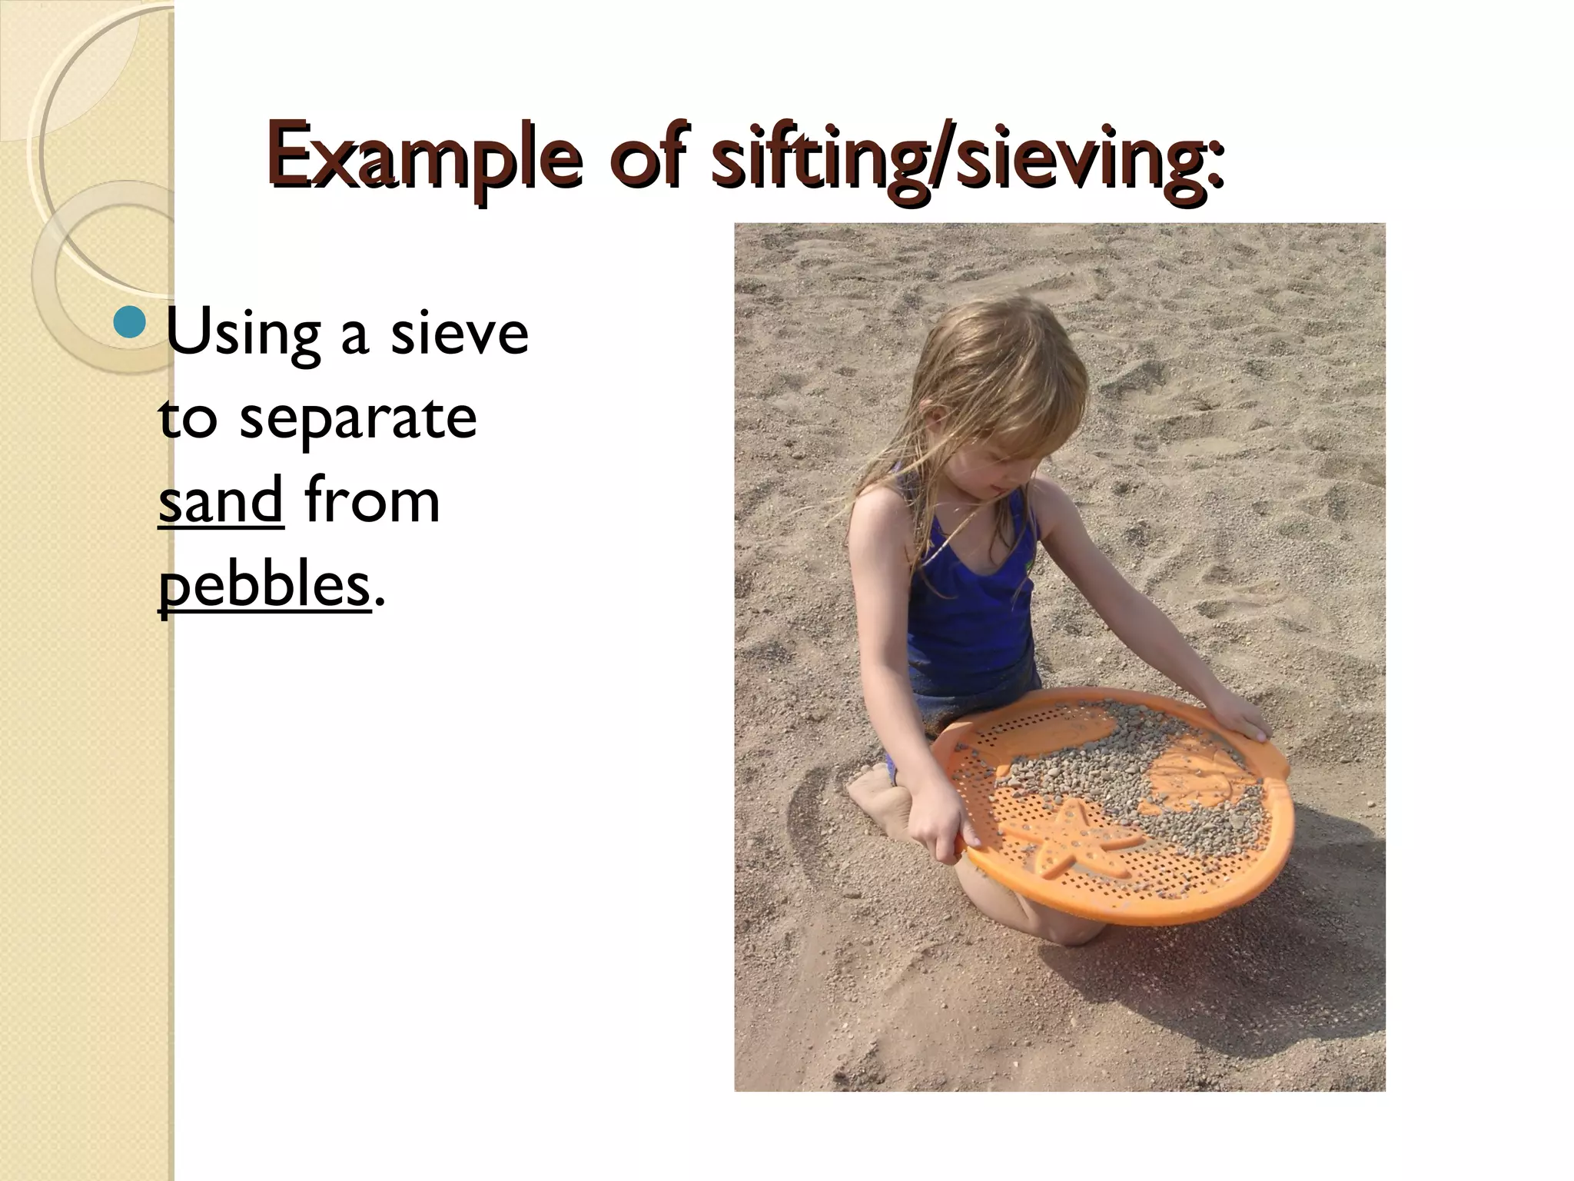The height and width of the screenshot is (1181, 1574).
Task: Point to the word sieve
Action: coord(460,333)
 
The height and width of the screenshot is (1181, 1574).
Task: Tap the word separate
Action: coord(358,419)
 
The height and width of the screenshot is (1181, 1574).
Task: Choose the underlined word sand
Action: coord(221,501)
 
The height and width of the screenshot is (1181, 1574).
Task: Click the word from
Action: coord(372,501)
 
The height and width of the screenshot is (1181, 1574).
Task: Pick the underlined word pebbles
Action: coord(264,586)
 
